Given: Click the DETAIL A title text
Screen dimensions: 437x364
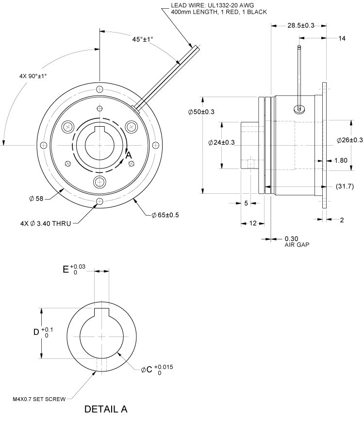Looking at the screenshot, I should [x=106, y=409].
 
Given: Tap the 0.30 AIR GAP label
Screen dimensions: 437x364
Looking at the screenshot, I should [x=297, y=241].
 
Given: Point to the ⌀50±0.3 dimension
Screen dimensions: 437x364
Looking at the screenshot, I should [x=201, y=112].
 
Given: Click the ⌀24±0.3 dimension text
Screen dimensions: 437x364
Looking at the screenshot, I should [x=221, y=143].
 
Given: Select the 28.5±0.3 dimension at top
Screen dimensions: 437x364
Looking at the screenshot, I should [x=300, y=25].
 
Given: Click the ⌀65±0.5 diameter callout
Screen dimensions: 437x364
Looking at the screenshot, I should [x=165, y=215].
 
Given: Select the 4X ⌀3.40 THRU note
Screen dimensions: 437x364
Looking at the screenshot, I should [x=47, y=223].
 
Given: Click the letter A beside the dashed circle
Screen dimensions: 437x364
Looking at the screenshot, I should [x=129, y=155].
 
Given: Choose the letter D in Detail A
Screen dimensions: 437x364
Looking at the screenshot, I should [x=36, y=333].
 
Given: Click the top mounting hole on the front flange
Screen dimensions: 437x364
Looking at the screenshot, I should [x=99, y=89].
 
